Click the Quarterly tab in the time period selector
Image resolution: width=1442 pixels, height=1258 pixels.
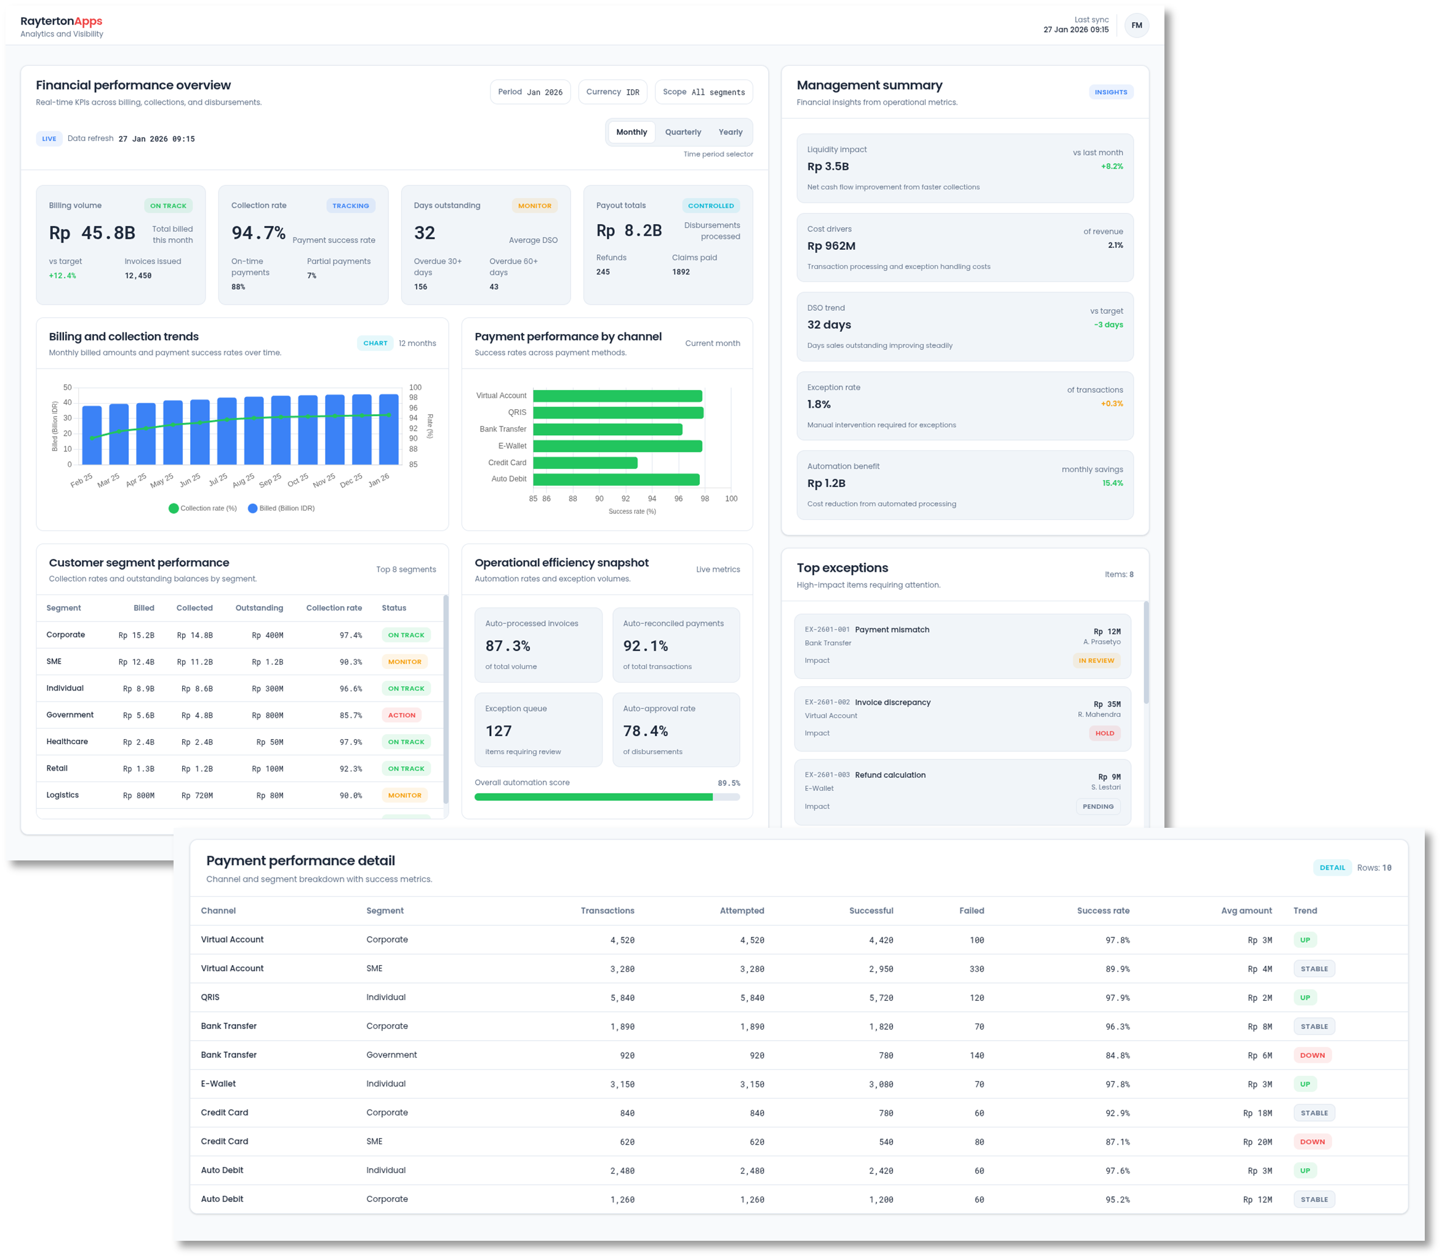point(683,132)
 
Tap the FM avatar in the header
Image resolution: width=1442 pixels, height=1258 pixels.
point(1136,25)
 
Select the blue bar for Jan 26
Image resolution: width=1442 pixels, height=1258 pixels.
point(388,429)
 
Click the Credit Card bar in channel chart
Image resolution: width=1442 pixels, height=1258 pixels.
point(585,463)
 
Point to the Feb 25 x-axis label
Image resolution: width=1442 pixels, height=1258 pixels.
point(81,480)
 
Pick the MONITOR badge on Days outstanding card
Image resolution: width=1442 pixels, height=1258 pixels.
point(534,206)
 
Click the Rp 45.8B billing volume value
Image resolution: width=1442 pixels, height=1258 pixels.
point(92,233)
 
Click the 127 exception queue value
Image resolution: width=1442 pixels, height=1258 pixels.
point(499,731)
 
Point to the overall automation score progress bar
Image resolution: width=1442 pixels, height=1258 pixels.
point(607,797)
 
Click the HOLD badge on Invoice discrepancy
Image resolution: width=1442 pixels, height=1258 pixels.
point(1104,733)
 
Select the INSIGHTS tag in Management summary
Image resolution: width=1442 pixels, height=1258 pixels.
point(1111,92)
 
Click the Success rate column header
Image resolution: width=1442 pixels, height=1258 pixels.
point(1103,910)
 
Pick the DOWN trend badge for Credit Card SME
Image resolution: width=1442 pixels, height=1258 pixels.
point(1312,1142)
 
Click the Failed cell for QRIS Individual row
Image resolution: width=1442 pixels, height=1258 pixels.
point(976,998)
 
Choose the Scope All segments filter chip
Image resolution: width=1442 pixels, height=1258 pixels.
point(703,92)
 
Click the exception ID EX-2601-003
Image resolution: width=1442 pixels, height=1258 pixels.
point(827,775)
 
